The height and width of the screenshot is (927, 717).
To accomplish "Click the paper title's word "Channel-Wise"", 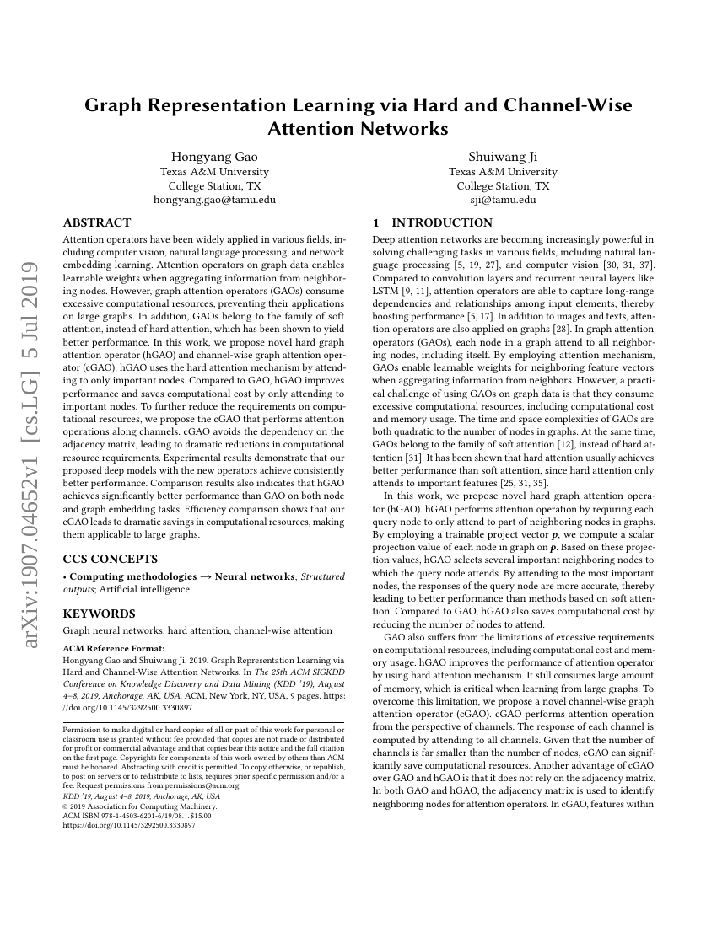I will click(x=558, y=105).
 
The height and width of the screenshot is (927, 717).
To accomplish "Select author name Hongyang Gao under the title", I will click(x=214, y=157).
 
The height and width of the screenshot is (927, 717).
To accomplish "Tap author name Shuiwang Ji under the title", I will click(x=503, y=157).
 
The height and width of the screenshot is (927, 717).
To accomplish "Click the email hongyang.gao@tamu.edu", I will click(x=214, y=200).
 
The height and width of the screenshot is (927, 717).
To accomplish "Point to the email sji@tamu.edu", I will click(x=503, y=200).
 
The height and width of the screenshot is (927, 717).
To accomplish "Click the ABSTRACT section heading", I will click(x=97, y=223).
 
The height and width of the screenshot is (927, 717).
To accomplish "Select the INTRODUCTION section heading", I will click(x=442, y=223).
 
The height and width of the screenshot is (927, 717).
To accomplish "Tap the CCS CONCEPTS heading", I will click(x=110, y=559).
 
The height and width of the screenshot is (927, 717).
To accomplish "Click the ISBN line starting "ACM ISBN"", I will click(x=137, y=815).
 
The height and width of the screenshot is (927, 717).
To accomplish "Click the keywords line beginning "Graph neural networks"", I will click(x=197, y=630).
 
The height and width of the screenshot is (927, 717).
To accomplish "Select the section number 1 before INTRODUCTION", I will click(x=375, y=223).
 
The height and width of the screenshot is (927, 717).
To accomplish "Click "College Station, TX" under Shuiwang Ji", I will click(x=503, y=185).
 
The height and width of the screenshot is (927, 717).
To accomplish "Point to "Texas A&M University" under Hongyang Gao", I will click(x=214, y=171).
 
